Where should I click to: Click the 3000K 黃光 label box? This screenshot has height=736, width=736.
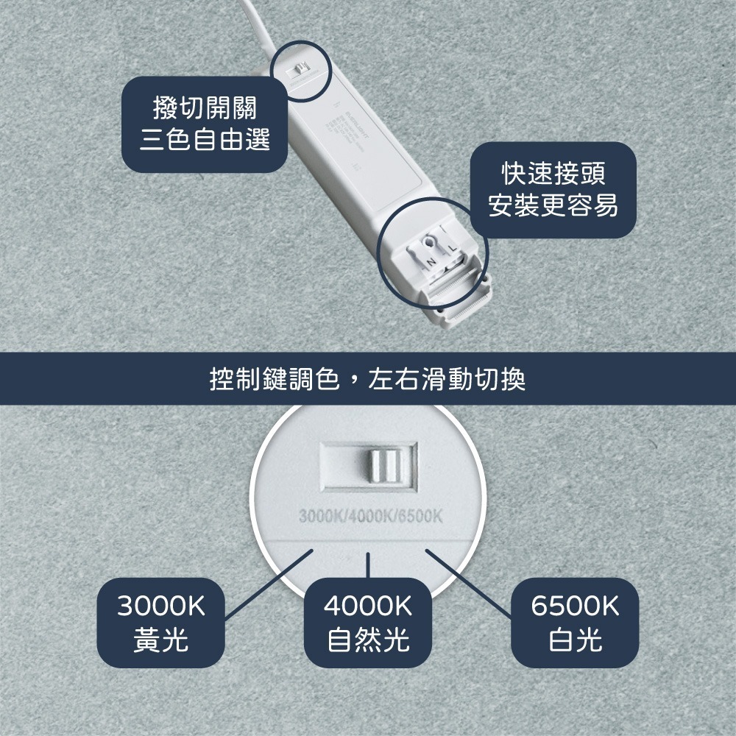(x=161, y=622)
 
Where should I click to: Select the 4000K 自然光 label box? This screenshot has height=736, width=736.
(x=368, y=622)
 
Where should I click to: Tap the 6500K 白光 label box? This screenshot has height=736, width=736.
(x=575, y=622)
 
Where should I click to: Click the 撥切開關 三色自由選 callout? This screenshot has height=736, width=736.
(x=204, y=124)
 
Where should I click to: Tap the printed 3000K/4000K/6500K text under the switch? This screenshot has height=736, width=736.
(x=370, y=514)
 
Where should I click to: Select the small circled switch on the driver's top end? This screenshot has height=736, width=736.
(x=300, y=70)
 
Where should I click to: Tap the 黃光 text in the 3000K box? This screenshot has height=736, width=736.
(x=161, y=640)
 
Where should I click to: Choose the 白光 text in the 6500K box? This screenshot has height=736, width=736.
(x=575, y=640)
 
